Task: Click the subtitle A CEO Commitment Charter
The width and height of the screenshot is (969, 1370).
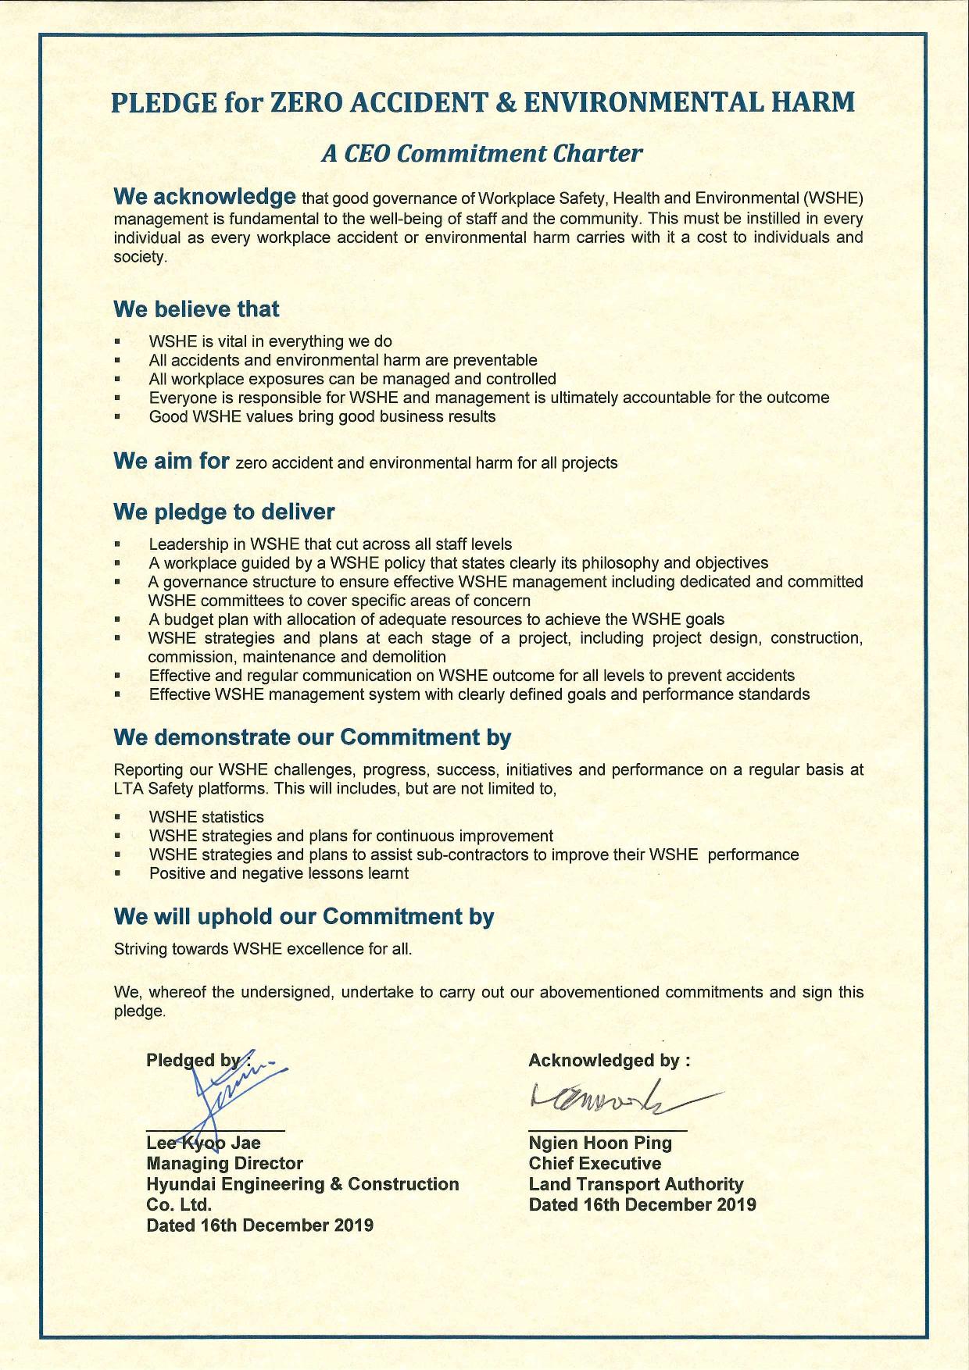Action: pos(482,153)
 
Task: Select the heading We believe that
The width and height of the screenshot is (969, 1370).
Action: pos(196,309)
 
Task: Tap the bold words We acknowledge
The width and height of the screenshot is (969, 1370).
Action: pos(205,196)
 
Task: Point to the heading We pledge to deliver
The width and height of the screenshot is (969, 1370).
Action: pos(223,512)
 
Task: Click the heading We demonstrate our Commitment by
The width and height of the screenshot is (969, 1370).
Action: pos(313,737)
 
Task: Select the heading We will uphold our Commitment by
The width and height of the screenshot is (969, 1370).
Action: pos(304,916)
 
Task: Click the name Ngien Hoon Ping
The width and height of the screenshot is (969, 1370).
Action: pos(600,1143)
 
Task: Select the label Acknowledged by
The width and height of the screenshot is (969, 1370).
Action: pos(609,1061)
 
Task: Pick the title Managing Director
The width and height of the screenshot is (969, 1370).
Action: pos(224,1164)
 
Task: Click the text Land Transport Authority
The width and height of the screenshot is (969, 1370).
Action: pos(636,1184)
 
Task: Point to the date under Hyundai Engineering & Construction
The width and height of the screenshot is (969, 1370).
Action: pos(259,1225)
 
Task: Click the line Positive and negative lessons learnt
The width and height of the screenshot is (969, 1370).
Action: pos(279,873)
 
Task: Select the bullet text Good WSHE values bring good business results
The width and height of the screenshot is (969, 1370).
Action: pos(322,416)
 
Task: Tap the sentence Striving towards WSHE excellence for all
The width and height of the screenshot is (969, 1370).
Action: pos(263,949)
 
